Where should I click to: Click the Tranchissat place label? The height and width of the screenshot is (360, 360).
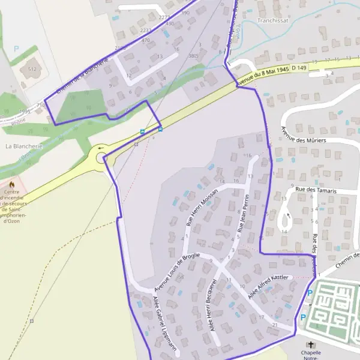point(272,20)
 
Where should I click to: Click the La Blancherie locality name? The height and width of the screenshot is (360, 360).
point(24,146)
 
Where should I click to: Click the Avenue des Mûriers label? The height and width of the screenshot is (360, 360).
point(304,136)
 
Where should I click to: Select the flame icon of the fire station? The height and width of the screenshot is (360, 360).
point(11,184)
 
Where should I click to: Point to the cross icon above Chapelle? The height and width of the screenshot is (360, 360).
point(310,344)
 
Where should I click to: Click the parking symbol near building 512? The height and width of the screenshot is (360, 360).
point(17,48)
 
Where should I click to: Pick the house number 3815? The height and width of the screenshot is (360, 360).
point(193,55)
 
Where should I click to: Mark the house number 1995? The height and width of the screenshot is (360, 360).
point(24,111)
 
